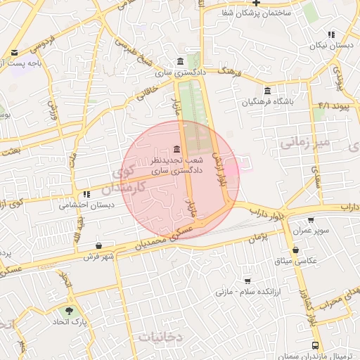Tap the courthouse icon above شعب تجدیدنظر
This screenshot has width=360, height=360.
coord(175,149)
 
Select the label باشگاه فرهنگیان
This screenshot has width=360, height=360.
coord(268,103)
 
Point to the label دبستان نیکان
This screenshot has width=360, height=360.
coord(331,46)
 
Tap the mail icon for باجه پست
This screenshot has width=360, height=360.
coord(15,53)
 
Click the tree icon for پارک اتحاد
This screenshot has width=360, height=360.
coord(68,311)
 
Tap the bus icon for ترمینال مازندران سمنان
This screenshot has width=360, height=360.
coord(315,345)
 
